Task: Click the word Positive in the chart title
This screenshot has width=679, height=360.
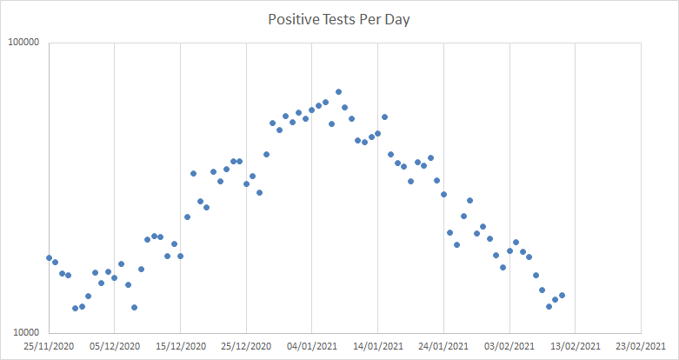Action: [293, 20]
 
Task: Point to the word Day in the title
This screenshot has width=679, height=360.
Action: [396, 20]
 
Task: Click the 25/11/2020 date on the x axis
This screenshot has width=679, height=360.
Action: [49, 346]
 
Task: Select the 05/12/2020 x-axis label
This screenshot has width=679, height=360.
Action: [115, 346]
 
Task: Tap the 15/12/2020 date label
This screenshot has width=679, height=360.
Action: [180, 346]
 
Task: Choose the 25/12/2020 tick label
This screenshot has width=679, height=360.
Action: [246, 346]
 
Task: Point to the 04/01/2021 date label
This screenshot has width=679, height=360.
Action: [312, 346]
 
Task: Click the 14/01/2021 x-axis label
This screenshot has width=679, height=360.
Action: [378, 346]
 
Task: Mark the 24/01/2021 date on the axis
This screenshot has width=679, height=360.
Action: [443, 346]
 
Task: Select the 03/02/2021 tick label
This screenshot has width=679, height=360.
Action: [509, 346]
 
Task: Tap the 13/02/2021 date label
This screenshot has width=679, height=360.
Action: [576, 346]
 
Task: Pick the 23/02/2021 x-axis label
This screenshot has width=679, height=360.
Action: [641, 346]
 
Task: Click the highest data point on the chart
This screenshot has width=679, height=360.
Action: [338, 91]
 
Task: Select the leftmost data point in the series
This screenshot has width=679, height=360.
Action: [49, 257]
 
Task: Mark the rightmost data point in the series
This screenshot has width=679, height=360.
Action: [563, 296]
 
